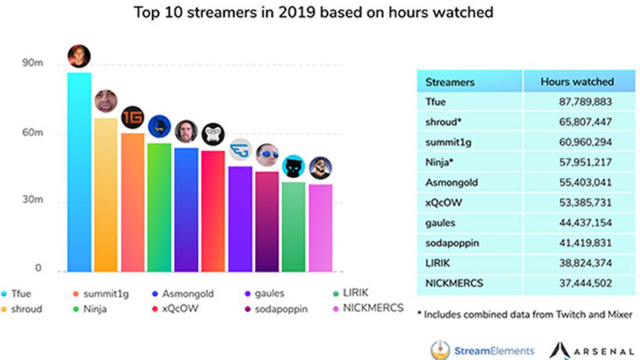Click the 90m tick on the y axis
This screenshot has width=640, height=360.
click(x=32, y=63)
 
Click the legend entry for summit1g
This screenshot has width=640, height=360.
click(x=101, y=293)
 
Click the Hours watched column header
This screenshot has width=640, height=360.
click(x=577, y=82)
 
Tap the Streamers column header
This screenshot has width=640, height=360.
click(x=450, y=82)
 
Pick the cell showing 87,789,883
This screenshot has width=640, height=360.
click(x=585, y=102)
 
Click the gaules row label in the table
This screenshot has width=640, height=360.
click(x=440, y=222)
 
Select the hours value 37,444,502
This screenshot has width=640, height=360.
click(x=585, y=283)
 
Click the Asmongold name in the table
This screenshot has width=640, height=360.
click(x=451, y=182)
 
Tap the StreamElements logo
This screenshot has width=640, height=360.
click(x=482, y=350)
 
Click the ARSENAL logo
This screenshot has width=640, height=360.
click(x=591, y=350)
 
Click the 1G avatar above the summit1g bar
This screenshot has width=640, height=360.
click(x=133, y=118)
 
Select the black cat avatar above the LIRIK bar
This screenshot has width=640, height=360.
click(x=293, y=166)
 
